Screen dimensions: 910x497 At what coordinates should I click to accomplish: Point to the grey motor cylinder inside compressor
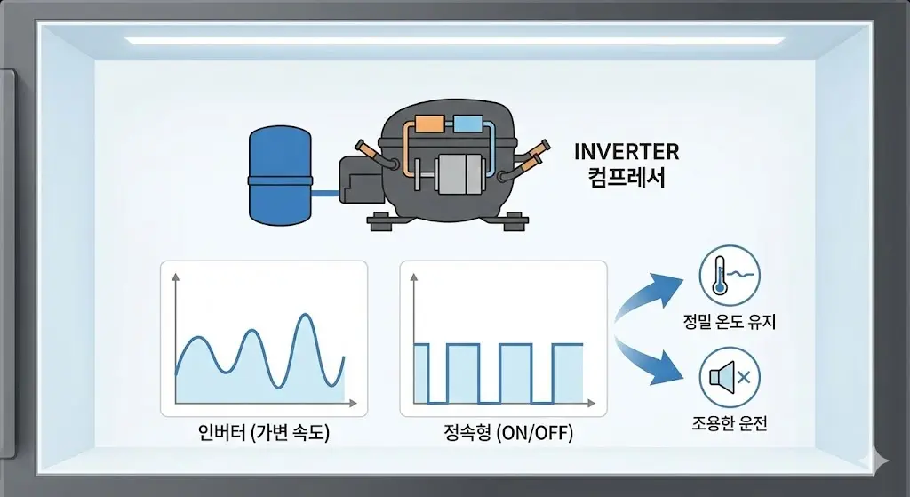pos(461,172)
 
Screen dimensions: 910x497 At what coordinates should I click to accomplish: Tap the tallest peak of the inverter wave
pos(306,316)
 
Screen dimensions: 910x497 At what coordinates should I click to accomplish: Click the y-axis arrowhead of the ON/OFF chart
pos(414,277)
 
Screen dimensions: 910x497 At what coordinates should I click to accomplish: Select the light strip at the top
pos(454,41)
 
